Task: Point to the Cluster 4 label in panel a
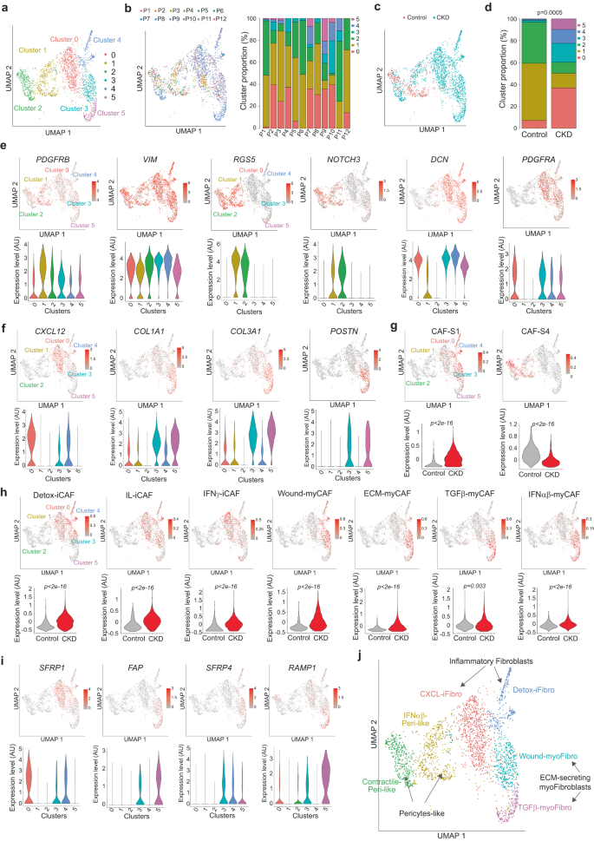(x=108, y=39)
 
